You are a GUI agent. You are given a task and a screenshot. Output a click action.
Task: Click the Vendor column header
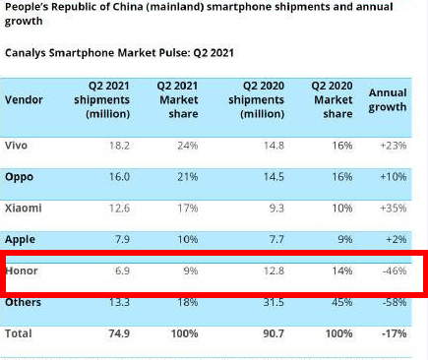(x=24, y=99)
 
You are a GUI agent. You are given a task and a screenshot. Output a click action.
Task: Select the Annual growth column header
(x=388, y=100)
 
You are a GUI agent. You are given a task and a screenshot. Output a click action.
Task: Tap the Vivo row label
(x=16, y=145)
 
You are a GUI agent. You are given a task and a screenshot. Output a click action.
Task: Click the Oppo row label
(x=19, y=177)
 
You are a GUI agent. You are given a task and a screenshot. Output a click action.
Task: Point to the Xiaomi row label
(x=24, y=208)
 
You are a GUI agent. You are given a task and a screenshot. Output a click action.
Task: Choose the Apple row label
(x=20, y=240)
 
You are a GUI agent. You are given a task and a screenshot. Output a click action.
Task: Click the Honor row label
(x=22, y=270)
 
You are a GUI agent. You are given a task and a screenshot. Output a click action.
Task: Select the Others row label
(x=23, y=302)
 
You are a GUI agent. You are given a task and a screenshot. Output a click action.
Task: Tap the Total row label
(x=19, y=333)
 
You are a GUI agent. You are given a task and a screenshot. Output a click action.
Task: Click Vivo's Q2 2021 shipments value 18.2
(x=119, y=146)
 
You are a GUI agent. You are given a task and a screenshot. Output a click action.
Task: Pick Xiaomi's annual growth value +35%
(x=394, y=208)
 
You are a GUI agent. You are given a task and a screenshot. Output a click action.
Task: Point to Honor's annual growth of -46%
(x=395, y=270)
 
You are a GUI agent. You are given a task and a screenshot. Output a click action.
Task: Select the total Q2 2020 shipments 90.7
(x=274, y=333)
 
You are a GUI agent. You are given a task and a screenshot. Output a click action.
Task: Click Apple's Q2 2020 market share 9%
(x=345, y=239)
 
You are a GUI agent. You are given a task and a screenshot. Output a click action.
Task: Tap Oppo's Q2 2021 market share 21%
(x=188, y=177)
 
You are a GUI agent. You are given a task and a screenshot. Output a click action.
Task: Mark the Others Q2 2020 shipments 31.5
(x=274, y=302)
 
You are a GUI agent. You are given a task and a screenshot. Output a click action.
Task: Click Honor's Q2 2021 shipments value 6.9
(x=122, y=270)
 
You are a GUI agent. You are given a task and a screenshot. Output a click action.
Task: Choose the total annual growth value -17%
(x=395, y=333)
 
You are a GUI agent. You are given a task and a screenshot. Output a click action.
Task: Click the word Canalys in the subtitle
(x=26, y=53)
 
